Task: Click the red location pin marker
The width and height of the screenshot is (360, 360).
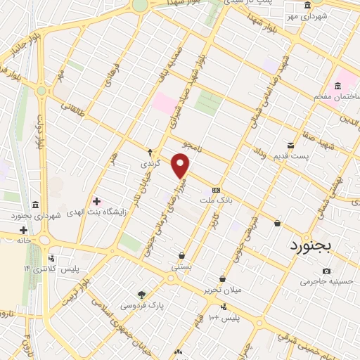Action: point(181,167)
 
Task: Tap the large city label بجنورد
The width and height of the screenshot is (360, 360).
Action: point(314,245)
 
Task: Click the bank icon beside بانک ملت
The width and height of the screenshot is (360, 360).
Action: point(216,190)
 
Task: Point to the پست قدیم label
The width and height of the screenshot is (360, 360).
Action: point(313,144)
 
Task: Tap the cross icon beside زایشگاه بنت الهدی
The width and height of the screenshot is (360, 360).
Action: point(96,202)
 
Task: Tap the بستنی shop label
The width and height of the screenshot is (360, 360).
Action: point(181,267)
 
